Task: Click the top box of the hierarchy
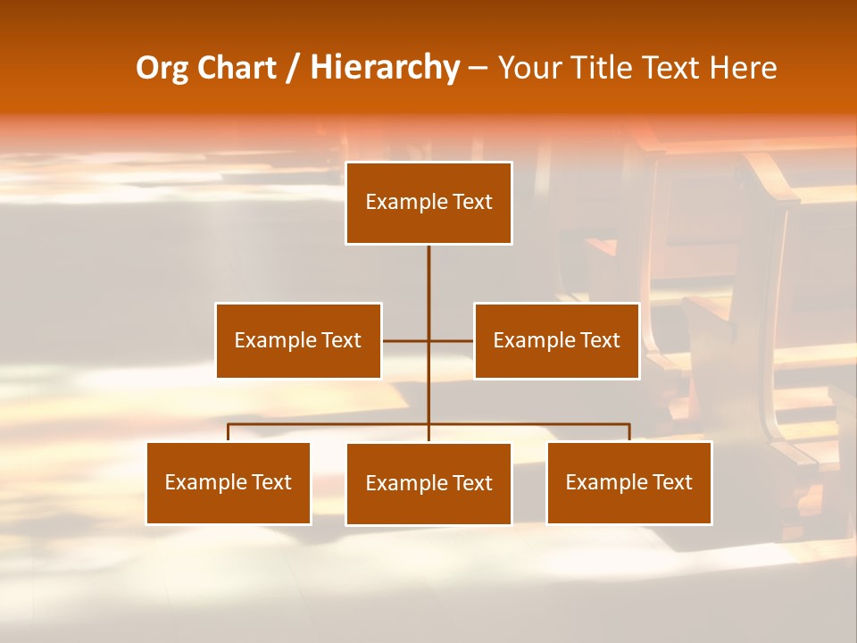pos(428,203)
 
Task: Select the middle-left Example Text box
pos(298,340)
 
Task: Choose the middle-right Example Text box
pos(556,340)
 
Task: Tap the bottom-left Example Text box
pos(229,483)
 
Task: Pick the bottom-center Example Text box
pos(428,484)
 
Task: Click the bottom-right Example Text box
pos(628,483)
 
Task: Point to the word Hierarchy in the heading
pos(385,68)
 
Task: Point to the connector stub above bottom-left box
pos(229,432)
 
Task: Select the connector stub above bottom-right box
pos(629,432)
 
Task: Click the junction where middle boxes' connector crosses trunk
pos(428,340)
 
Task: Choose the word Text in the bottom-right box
pos(672,483)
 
